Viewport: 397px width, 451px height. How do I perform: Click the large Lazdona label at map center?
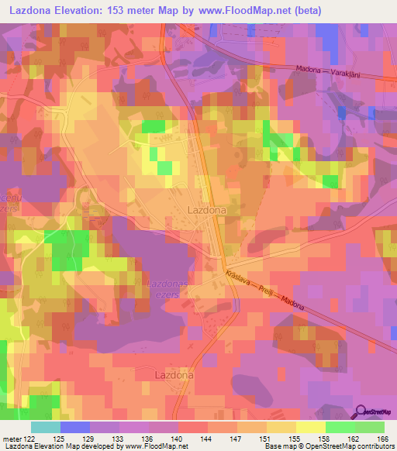[x=207, y=210]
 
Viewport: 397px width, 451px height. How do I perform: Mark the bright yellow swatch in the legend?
[x=310, y=427]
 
